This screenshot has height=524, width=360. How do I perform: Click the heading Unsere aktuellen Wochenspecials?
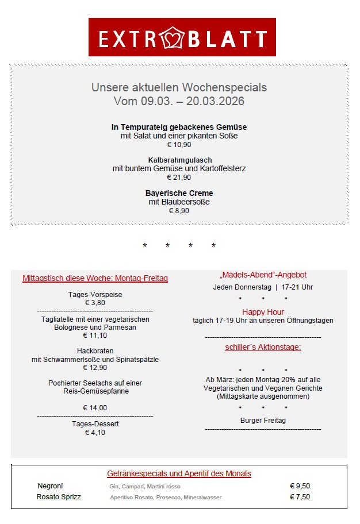pos(179,87)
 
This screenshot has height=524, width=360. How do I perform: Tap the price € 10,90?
pos(179,145)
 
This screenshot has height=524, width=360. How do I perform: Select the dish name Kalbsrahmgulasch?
pos(179,160)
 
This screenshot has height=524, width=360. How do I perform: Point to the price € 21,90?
pos(179,178)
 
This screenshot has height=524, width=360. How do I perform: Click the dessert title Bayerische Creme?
pos(179,193)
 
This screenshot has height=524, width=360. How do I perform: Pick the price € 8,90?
pos(179,211)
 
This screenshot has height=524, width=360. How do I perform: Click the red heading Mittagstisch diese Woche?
pos(95,278)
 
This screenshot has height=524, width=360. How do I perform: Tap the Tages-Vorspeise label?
pos(95,295)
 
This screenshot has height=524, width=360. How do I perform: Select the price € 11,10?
pos(95,336)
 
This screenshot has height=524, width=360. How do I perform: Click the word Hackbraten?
pos(95,350)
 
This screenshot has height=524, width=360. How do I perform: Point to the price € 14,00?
pos(95,408)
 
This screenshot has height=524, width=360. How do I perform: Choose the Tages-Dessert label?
pos(95,424)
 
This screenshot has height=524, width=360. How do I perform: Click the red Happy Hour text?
pos(263,312)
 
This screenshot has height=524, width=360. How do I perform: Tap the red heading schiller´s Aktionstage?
pos(263,347)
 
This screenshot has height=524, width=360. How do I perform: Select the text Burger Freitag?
pos(263,421)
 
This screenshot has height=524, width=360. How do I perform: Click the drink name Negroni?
pos(50,486)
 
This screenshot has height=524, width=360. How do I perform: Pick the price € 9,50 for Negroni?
pos(300,486)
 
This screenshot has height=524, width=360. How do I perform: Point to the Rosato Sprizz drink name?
pos(59,497)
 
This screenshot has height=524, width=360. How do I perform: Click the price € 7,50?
pos(300,497)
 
